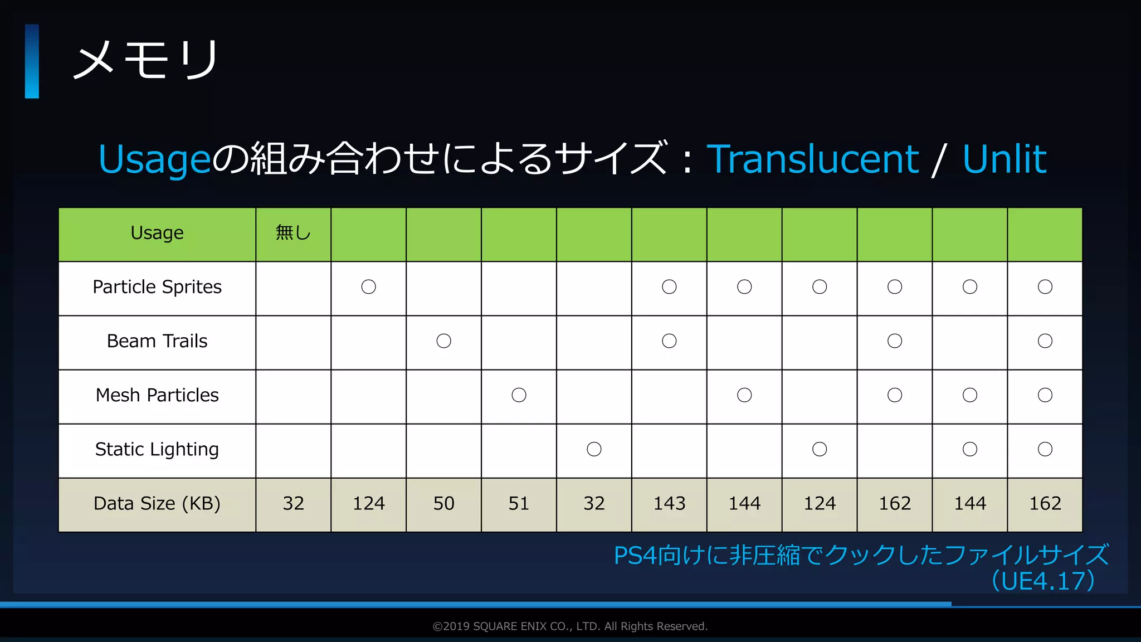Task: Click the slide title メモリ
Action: coord(146,60)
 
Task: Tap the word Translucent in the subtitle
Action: coord(812,159)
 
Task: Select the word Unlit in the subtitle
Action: coord(1004,159)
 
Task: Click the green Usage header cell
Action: coord(157,233)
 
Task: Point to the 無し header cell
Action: coord(293,233)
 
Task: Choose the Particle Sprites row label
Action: coord(157,287)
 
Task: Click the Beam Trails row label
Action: coord(157,341)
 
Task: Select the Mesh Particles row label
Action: coord(157,395)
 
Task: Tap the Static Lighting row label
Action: coord(157,449)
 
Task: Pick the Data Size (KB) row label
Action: coord(157,503)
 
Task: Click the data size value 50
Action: coord(443,503)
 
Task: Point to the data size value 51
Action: coord(519,503)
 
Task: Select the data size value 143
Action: coord(669,503)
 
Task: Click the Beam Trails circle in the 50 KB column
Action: coord(443,341)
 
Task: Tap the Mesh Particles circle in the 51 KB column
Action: coord(519,395)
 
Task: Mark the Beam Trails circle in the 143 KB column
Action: coord(669,341)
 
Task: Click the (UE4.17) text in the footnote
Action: coord(1043,581)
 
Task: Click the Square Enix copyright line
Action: coord(570,626)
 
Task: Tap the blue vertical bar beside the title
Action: coord(32,61)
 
